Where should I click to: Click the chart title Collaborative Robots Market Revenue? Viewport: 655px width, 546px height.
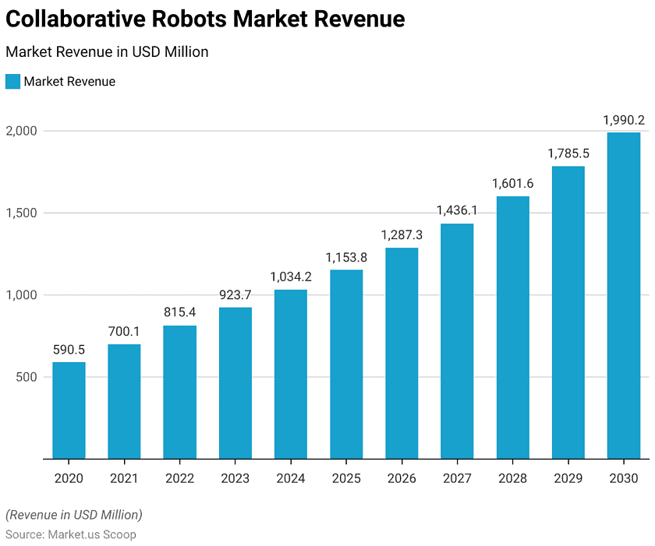(x=205, y=19)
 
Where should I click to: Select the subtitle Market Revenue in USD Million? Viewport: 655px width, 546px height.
(x=107, y=52)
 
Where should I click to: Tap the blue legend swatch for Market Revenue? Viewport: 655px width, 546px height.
(x=12, y=82)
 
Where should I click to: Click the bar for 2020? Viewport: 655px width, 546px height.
(x=69, y=410)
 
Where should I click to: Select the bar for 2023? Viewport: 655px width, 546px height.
(x=235, y=383)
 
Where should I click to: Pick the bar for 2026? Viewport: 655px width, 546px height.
(x=402, y=353)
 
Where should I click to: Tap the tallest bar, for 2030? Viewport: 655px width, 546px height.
(x=624, y=295)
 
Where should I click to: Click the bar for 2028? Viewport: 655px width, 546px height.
(x=512, y=327)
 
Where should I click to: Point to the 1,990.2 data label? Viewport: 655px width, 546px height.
(x=624, y=120)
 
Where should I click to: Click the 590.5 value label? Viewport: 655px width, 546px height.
(x=69, y=350)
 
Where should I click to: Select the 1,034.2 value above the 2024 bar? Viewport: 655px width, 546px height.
(x=291, y=277)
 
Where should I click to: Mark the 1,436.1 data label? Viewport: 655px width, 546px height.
(x=457, y=211)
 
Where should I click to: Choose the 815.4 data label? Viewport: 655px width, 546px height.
(x=179, y=312)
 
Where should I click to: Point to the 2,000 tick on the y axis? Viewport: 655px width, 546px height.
(x=22, y=131)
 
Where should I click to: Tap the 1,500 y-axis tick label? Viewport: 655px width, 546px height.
(x=22, y=213)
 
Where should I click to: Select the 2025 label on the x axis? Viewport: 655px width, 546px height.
(x=346, y=478)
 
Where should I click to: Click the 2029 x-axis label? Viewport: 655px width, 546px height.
(x=568, y=478)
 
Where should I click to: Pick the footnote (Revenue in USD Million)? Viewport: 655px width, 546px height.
(x=74, y=515)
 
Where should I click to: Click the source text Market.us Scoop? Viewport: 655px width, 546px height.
(x=92, y=534)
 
